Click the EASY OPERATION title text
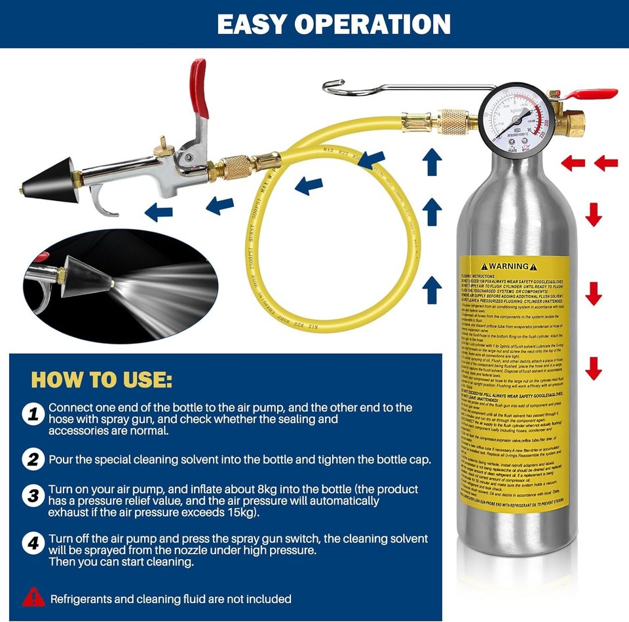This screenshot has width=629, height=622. [334, 24]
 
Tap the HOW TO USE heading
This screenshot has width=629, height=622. [102, 380]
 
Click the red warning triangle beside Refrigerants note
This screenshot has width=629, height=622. [33, 597]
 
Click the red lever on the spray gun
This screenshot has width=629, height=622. [200, 88]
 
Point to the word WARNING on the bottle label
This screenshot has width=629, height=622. [508, 266]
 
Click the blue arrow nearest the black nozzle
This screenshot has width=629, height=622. [159, 211]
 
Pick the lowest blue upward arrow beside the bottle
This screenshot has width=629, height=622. [431, 289]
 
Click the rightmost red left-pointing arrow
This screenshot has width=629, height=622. [606, 162]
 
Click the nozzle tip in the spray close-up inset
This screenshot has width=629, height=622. [115, 284]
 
